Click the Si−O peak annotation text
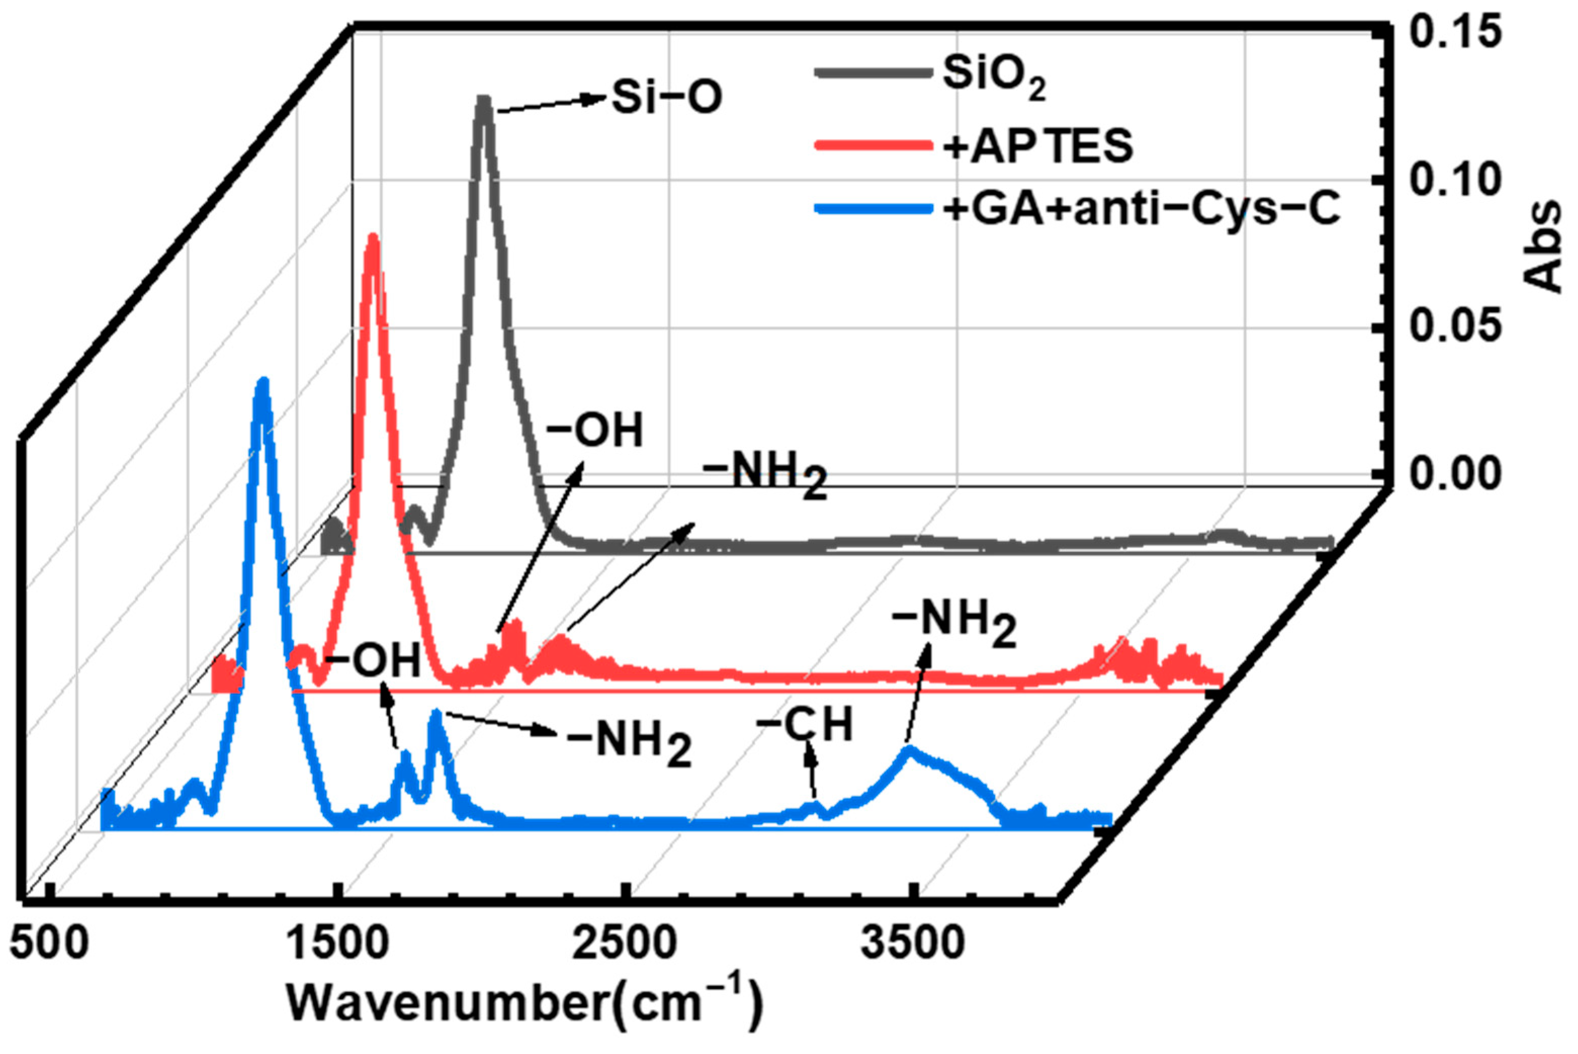[x=667, y=98]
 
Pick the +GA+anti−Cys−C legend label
[x=1141, y=209]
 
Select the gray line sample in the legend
[x=872, y=73]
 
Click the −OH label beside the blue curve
[x=373, y=660]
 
